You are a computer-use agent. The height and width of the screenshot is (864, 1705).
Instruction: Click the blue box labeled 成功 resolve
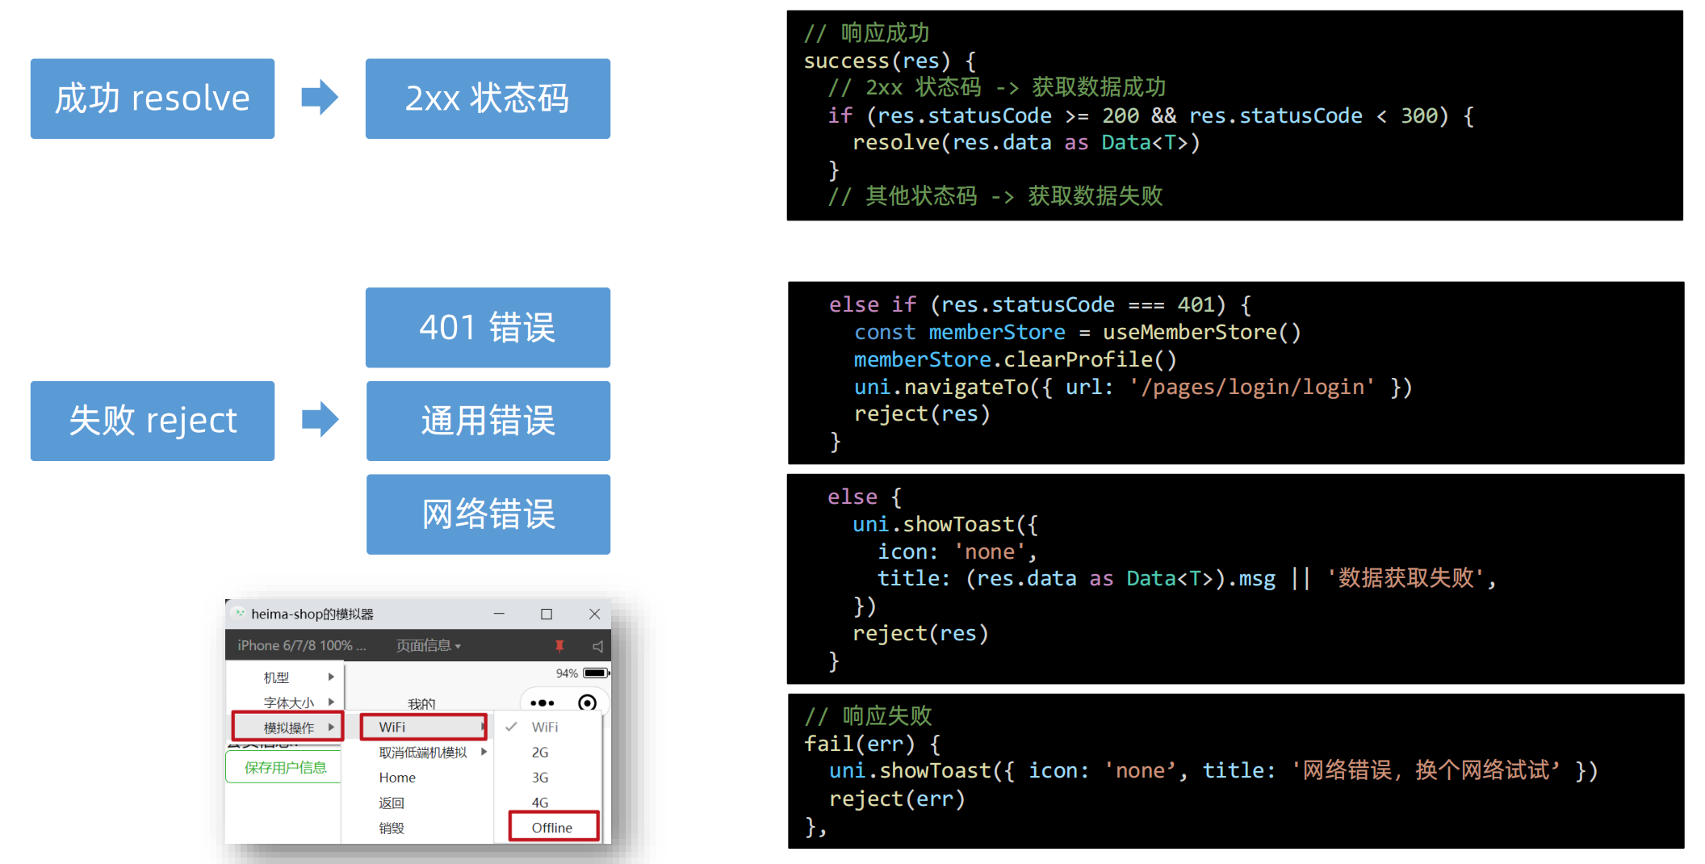pyautogui.click(x=153, y=99)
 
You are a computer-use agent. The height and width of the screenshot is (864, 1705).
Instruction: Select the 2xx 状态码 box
pyautogui.click(x=488, y=99)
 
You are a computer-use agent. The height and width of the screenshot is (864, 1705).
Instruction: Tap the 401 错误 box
pyautogui.click(x=488, y=328)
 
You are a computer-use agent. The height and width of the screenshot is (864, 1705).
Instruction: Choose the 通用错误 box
pyautogui.click(x=488, y=421)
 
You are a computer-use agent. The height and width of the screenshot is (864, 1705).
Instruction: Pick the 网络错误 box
pyautogui.click(x=488, y=514)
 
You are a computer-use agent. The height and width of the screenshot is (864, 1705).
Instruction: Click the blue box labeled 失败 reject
pyautogui.click(x=153, y=421)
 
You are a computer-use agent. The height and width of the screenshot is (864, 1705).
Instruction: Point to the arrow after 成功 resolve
pyautogui.click(x=320, y=98)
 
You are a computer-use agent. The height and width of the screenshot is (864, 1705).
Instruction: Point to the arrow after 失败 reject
pyautogui.click(x=320, y=420)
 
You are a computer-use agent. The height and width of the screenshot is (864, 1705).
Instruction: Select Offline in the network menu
pyautogui.click(x=552, y=828)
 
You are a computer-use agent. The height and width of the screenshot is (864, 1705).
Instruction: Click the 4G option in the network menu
pyautogui.click(x=540, y=803)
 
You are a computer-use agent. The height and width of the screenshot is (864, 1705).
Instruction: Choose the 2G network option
pyautogui.click(x=540, y=753)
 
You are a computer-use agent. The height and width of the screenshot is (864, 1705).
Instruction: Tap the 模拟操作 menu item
pyautogui.click(x=288, y=728)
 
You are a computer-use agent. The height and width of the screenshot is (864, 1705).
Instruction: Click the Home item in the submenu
pyautogui.click(x=397, y=778)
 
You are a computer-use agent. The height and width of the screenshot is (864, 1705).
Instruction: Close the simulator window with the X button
pyautogui.click(x=595, y=614)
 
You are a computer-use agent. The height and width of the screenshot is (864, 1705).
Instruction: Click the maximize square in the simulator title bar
pyautogui.click(x=547, y=614)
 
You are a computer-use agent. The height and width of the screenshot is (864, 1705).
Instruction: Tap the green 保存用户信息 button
pyautogui.click(x=285, y=767)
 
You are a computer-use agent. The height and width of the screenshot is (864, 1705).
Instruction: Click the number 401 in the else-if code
pyautogui.click(x=1196, y=304)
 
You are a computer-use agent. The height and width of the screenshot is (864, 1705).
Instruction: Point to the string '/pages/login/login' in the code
pyautogui.click(x=1252, y=387)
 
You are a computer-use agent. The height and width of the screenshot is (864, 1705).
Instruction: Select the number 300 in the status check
pyautogui.click(x=1418, y=115)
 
